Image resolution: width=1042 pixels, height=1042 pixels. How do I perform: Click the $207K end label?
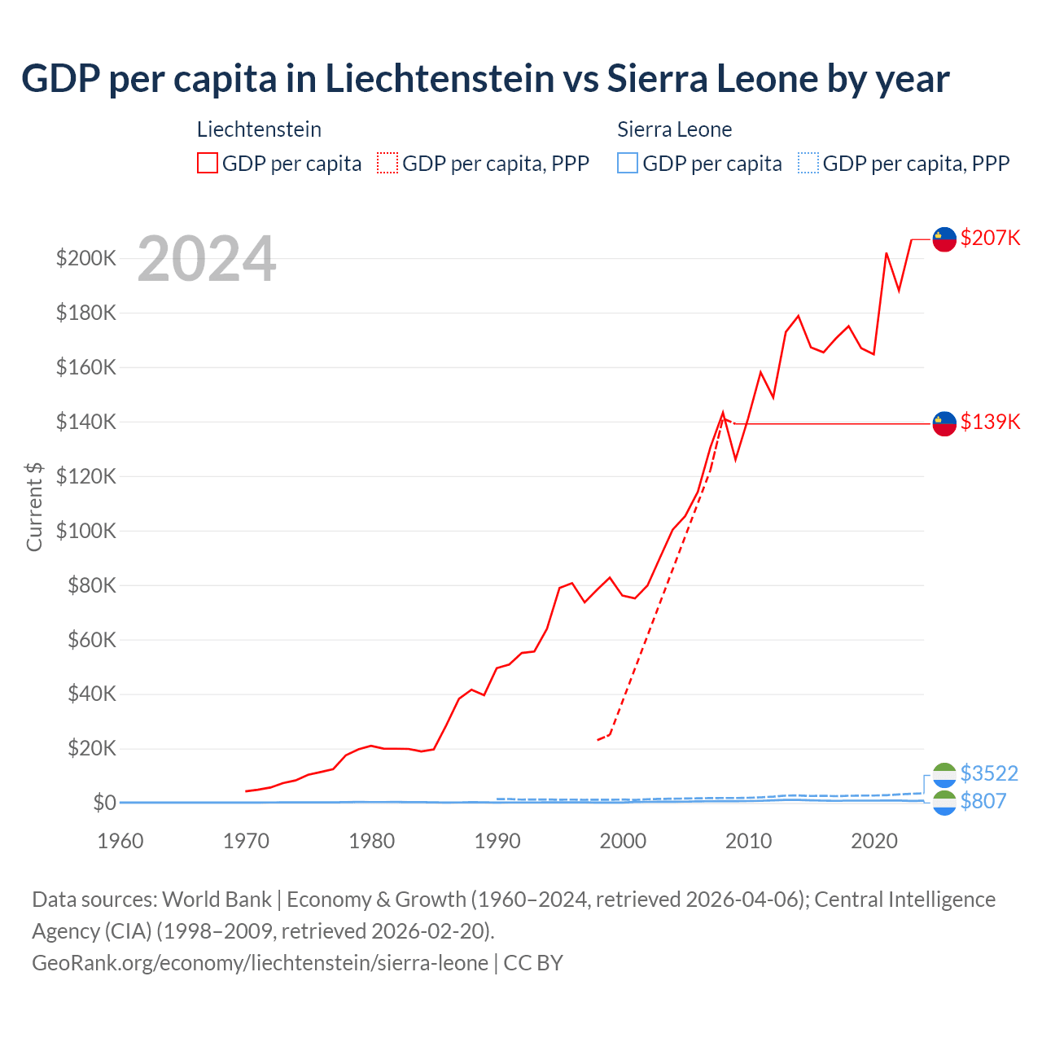click(990, 238)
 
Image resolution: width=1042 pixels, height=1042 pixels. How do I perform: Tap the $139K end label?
click(990, 422)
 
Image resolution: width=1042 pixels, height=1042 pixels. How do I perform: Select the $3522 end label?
click(989, 773)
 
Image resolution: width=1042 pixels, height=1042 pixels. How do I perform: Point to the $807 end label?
click(983, 801)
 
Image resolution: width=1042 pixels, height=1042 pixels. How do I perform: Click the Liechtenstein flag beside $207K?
click(944, 239)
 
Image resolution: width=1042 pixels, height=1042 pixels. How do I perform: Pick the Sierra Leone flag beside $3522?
click(944, 774)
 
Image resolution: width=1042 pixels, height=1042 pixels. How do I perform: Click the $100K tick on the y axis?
click(86, 531)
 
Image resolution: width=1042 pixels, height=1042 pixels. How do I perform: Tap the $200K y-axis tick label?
click(86, 258)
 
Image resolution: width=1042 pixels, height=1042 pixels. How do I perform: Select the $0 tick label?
click(104, 803)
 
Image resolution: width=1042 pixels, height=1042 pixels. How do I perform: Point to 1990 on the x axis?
click(497, 841)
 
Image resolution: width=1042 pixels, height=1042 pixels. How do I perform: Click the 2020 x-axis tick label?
click(874, 841)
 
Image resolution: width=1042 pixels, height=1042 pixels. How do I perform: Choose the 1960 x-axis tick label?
click(120, 841)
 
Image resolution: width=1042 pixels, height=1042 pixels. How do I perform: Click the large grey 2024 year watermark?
click(207, 259)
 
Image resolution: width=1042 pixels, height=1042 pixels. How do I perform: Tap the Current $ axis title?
click(34, 506)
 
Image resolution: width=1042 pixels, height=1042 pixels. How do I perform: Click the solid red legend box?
click(208, 164)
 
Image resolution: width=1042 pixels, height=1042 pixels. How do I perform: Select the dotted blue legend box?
click(808, 164)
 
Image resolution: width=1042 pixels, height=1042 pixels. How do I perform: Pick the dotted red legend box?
click(387, 164)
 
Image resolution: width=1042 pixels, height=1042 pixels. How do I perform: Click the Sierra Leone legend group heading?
click(674, 129)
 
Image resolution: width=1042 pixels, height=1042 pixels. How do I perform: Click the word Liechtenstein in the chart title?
click(440, 78)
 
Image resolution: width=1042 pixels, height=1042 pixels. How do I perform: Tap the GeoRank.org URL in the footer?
click(260, 962)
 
